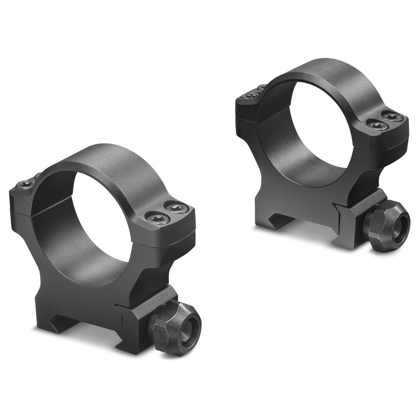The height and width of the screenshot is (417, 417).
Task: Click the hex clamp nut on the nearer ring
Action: pos(175,327)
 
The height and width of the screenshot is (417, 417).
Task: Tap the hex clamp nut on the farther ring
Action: pos(386,225)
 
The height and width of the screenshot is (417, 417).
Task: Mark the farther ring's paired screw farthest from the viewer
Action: pos(392,117)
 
